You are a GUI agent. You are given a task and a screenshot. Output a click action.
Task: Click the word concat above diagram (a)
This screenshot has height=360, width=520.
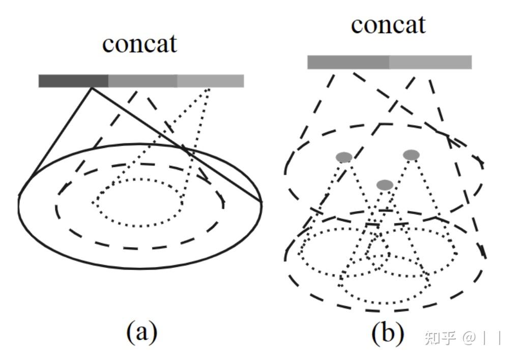(139, 44)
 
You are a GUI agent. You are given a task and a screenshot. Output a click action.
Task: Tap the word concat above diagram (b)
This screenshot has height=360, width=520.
(388, 24)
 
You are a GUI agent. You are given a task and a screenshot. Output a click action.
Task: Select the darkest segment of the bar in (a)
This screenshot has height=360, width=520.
(73, 81)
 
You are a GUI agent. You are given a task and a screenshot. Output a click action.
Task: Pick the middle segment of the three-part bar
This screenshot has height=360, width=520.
(142, 81)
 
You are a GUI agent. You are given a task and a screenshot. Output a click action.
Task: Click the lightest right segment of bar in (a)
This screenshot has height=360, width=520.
(211, 81)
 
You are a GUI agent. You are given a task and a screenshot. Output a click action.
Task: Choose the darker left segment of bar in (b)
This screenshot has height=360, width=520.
(348, 62)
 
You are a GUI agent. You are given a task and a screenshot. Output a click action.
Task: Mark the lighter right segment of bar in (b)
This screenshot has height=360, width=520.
(430, 62)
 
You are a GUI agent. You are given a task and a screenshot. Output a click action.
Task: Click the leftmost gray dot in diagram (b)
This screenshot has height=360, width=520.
(344, 158)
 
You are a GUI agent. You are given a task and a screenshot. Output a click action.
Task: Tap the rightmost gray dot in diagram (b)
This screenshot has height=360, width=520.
(411, 155)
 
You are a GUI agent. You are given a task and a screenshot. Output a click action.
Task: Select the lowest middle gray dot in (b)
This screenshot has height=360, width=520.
(385, 185)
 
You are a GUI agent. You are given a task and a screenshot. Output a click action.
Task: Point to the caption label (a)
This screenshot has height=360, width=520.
(141, 333)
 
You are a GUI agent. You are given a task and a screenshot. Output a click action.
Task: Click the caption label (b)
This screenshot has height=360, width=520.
(387, 333)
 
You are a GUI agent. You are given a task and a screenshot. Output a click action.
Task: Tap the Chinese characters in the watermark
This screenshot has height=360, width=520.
(440, 337)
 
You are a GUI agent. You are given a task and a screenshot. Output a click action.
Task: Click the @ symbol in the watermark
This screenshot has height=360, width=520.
(468, 338)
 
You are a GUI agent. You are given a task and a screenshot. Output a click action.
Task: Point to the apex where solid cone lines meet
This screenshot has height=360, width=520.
(92, 88)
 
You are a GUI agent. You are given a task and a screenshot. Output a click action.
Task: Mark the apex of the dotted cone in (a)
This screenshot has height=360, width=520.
(209, 89)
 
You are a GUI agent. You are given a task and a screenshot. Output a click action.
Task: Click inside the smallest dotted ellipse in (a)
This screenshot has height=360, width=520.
(138, 202)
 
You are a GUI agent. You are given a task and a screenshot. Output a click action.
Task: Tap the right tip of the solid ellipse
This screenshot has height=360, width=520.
(262, 202)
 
